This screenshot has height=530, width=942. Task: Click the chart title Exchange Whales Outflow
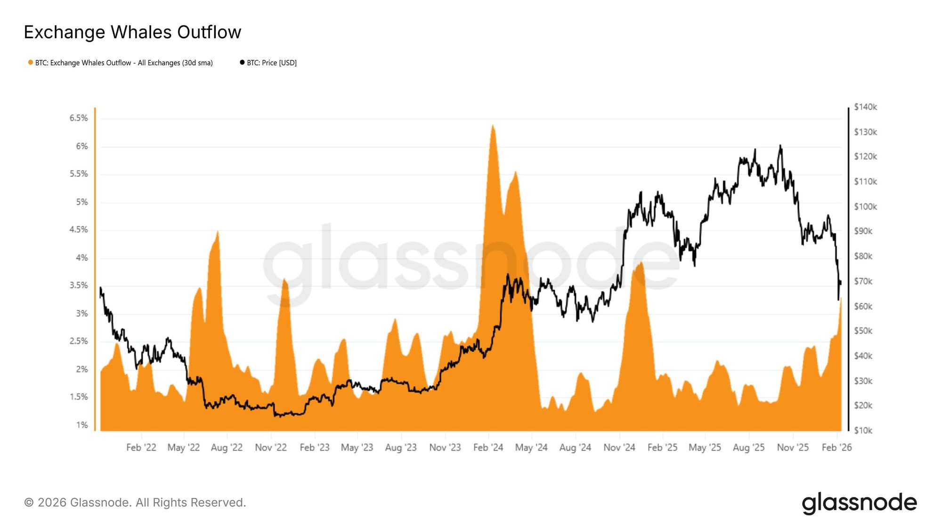coord(132,32)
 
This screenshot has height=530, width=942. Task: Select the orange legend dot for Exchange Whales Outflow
coord(31,63)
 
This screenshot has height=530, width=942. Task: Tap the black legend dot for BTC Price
coord(242,63)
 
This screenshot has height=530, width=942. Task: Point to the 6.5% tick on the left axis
coord(79,118)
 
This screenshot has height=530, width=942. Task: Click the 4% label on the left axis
coord(82,258)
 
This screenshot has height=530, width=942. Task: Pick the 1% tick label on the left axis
coord(82,425)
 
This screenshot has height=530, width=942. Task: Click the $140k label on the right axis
coord(865,107)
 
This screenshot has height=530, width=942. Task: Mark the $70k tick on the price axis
coord(863,281)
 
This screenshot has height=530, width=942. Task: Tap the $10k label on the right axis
coord(863,430)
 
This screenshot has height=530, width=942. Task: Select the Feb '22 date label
coord(141,448)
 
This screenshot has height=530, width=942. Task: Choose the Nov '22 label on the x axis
coord(271,448)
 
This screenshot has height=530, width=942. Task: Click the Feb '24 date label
coord(488,448)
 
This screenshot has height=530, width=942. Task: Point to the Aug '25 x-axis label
coord(748,448)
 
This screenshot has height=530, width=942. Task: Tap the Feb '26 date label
coord(836,448)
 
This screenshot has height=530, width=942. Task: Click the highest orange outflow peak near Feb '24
coord(493,125)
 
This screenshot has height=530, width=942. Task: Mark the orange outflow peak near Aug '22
coord(217,231)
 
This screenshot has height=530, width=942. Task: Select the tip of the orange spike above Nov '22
coord(284,279)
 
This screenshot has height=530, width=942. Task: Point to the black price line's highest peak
coord(780,145)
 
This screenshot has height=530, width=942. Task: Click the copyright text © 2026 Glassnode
coord(135,503)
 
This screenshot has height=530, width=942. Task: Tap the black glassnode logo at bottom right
coord(859,503)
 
